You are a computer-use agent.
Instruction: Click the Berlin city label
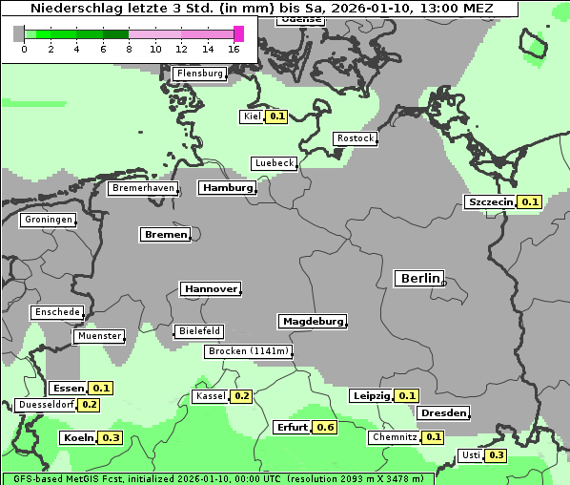pyautogui.click(x=418, y=279)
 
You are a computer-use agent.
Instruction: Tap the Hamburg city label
pyautogui.click(x=227, y=188)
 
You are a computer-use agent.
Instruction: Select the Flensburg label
pyautogui.click(x=199, y=74)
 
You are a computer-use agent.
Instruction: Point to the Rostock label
pyautogui.click(x=355, y=138)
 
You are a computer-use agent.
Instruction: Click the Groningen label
pyautogui.click(x=47, y=220)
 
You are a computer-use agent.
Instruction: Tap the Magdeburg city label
pyautogui.click(x=312, y=322)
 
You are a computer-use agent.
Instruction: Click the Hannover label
pyautogui.click(x=210, y=288)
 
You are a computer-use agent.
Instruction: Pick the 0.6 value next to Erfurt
pyautogui.click(x=326, y=427)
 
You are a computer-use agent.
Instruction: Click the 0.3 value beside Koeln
pyautogui.click(x=112, y=437)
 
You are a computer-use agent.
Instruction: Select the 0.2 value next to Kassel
pyautogui.click(x=241, y=396)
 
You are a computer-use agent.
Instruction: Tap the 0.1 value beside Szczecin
pyautogui.click(x=530, y=201)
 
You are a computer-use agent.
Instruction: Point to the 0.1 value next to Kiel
pyautogui.click(x=276, y=116)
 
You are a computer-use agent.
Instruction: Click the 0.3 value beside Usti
pyautogui.click(x=497, y=455)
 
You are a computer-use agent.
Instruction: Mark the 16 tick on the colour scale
pyautogui.click(x=234, y=49)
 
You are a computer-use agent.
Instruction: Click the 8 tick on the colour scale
pyautogui.click(x=129, y=49)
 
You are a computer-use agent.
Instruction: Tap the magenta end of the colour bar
pyautogui.click(x=238, y=34)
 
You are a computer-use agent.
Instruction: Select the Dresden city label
pyautogui.click(x=442, y=413)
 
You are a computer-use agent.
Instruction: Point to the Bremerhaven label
pyautogui.click(x=143, y=188)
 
